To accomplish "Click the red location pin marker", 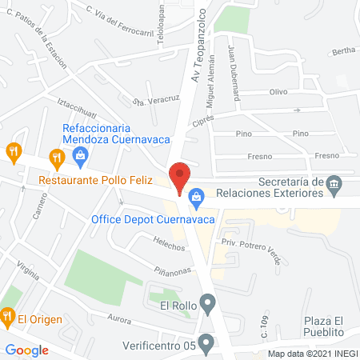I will click(180, 176).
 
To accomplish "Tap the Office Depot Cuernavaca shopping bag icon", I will click(195, 196).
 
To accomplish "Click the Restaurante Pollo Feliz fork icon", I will click(56, 158).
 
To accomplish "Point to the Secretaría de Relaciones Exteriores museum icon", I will click(336, 184).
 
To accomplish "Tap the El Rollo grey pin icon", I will click(208, 303).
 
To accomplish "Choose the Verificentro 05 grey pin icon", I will click(206, 345).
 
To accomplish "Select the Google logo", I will click(27, 349).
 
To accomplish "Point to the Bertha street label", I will click(342, 50).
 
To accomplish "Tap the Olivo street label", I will click(278, 92).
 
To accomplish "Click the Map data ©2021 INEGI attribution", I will click(312, 353).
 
